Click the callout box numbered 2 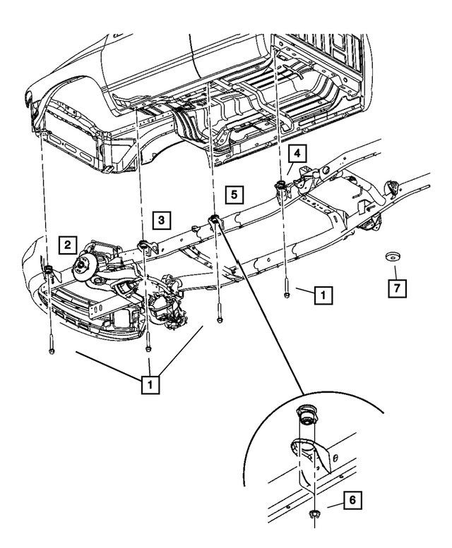point(67,245)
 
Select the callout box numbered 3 point(161,221)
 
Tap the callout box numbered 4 point(297,153)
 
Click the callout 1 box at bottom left point(150,385)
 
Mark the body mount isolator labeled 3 point(144,246)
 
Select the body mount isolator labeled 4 point(280,186)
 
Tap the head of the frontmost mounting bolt point(52,350)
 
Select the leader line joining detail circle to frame point(261,310)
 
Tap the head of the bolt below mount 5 point(220,322)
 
